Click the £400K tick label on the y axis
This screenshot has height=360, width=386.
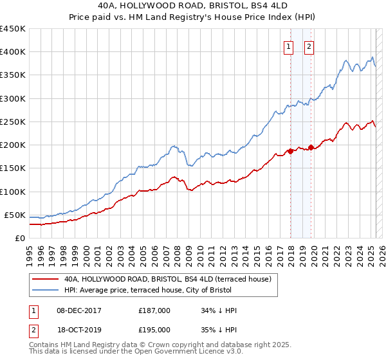click(x=12, y=52)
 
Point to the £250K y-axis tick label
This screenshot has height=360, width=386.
click(x=12, y=122)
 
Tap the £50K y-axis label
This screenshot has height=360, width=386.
click(x=15, y=215)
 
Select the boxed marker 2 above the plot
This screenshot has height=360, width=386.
click(x=309, y=46)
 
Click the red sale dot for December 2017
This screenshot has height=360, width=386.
click(x=290, y=151)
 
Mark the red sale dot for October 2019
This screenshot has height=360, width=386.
click(x=311, y=147)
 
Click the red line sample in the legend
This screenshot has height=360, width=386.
click(x=46, y=279)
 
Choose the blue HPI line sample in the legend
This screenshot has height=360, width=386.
click(x=46, y=291)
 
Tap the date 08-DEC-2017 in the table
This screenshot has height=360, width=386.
click(x=79, y=310)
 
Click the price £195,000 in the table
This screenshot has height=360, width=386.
click(x=154, y=329)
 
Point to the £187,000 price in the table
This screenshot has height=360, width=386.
click(x=154, y=310)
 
